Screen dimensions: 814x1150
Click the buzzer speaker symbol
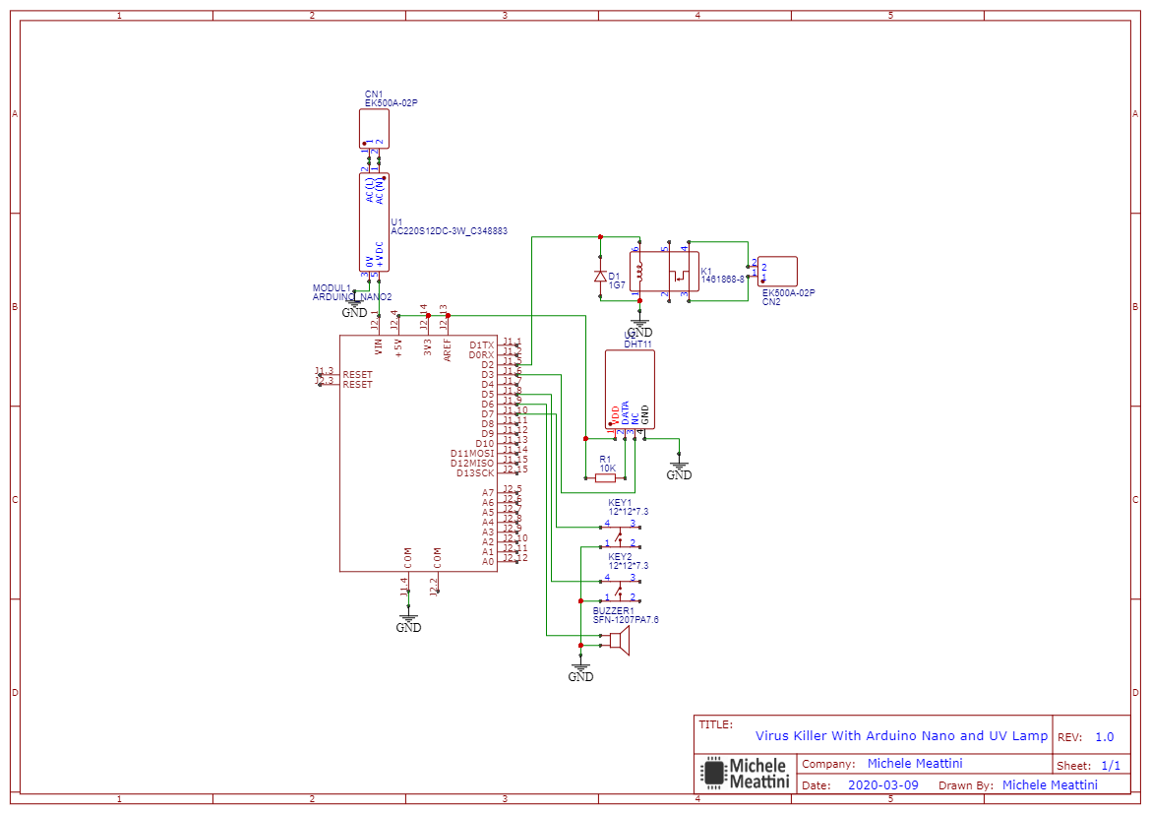tap(618, 641)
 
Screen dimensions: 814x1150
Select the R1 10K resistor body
tap(606, 478)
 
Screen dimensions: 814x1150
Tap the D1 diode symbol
tap(600, 277)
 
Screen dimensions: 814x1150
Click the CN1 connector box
tap(374, 128)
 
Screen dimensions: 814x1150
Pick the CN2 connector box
tap(777, 272)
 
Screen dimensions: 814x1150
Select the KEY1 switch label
tap(620, 503)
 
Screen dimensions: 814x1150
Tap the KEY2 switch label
tap(620, 557)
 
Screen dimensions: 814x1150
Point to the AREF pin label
tap(448, 348)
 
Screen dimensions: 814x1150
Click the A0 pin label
tap(488, 561)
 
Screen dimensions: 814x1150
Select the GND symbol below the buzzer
tap(581, 674)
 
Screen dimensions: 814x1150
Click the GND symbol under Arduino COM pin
tap(408, 624)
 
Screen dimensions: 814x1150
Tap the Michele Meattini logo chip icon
tap(712, 773)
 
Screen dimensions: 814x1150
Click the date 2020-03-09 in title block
tap(882, 785)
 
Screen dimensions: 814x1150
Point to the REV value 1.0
tap(1104, 737)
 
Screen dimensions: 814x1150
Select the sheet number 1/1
tap(1110, 766)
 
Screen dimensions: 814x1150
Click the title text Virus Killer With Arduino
tap(901, 736)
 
